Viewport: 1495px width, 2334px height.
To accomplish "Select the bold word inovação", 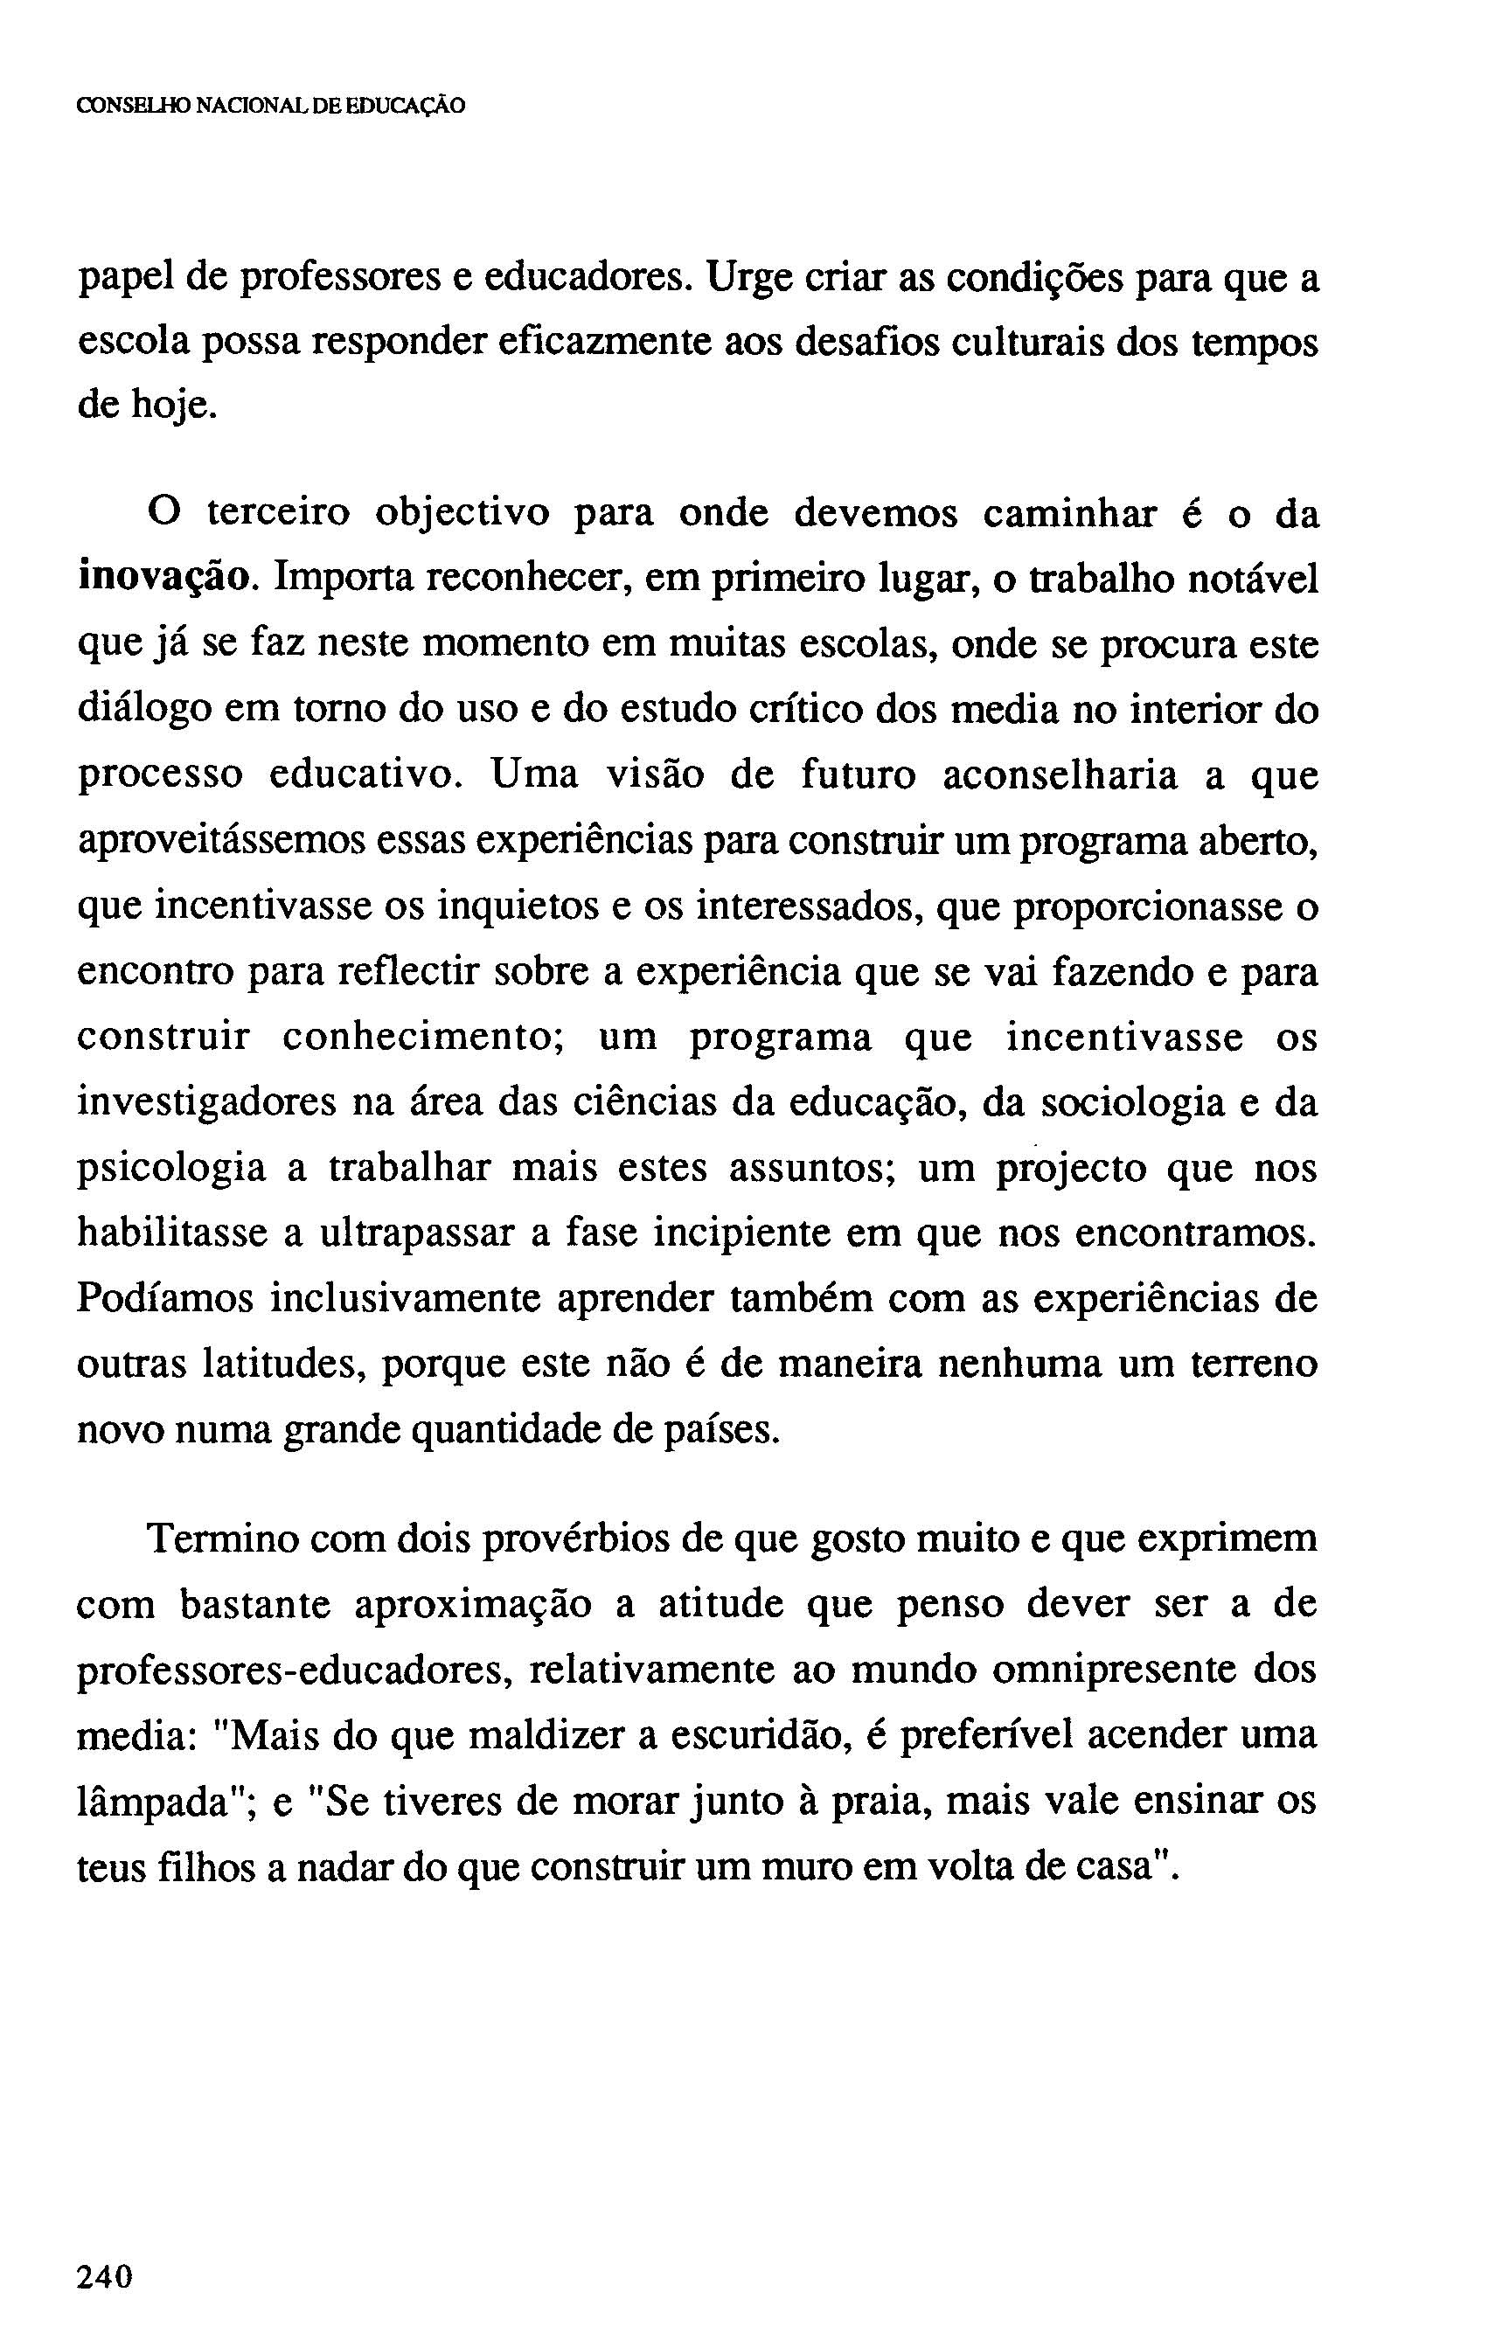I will (166, 580).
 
